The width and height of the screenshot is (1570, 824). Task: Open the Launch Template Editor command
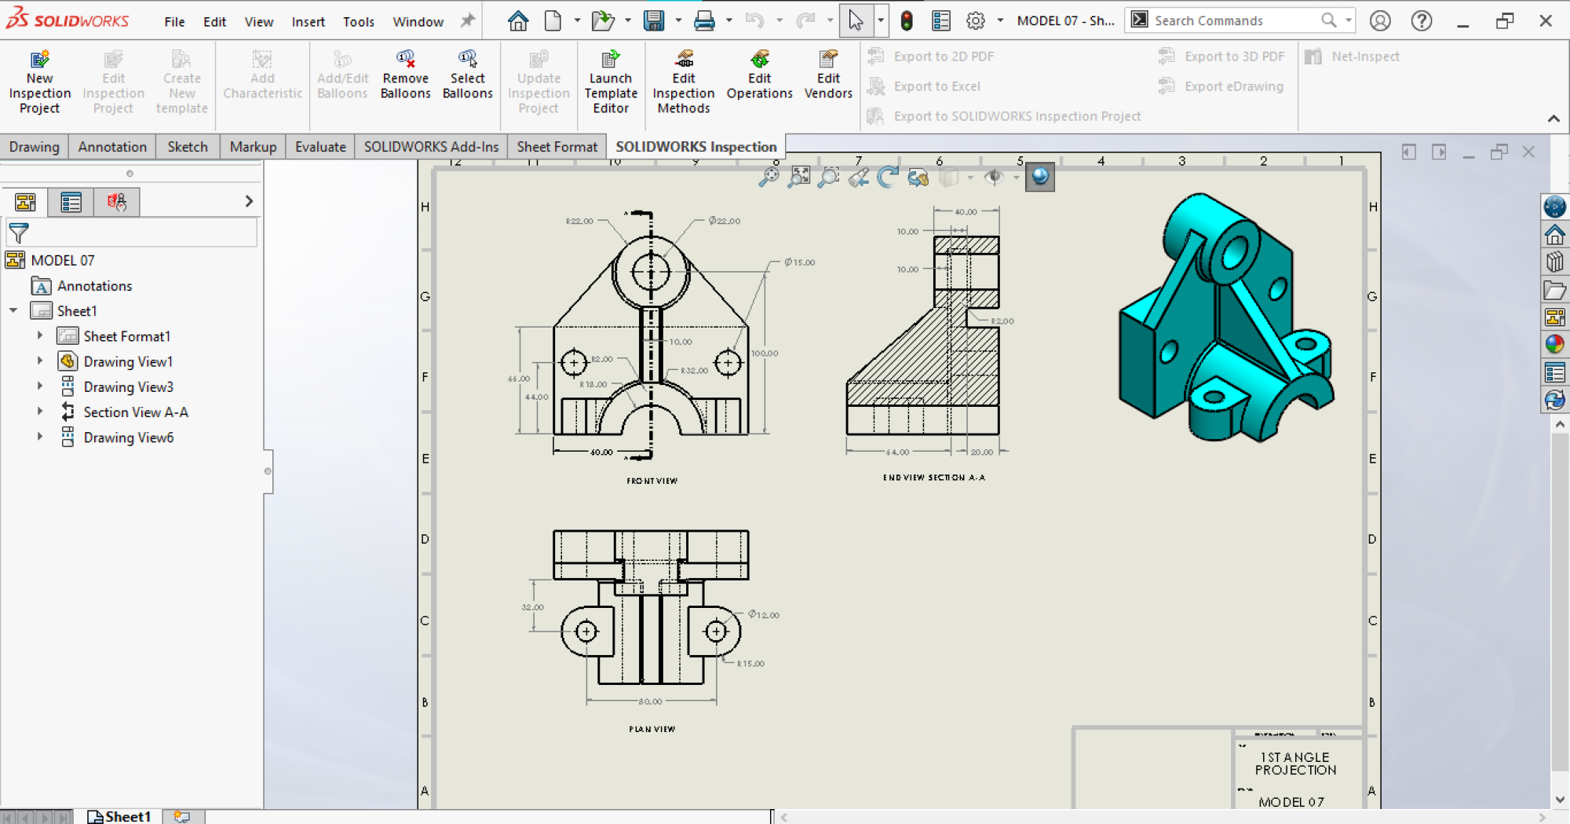click(x=611, y=82)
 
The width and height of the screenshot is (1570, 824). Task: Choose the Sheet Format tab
click(x=557, y=147)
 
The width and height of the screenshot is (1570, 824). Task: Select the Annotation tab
click(x=112, y=147)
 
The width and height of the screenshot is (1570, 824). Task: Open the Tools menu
click(x=358, y=21)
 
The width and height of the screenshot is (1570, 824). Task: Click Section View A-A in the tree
click(x=135, y=412)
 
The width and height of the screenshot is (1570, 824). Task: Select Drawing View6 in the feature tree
click(x=128, y=438)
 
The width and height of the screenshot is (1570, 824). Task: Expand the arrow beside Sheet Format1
click(x=40, y=336)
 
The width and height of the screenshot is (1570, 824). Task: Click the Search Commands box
click(x=1236, y=20)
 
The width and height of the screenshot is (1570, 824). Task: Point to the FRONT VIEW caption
click(x=652, y=481)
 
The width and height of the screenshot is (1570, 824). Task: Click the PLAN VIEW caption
click(x=652, y=729)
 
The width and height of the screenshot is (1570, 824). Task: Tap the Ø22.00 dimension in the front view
click(x=725, y=221)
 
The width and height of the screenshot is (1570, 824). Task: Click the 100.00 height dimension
click(x=764, y=353)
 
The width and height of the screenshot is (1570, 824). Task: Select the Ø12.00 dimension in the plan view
click(x=764, y=614)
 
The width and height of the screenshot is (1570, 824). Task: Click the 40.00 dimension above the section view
click(x=966, y=212)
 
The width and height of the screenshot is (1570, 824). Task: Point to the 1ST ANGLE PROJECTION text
click(x=1295, y=764)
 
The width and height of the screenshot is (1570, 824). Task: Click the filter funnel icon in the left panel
click(x=19, y=233)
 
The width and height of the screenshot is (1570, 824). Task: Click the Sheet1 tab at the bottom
click(x=119, y=816)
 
